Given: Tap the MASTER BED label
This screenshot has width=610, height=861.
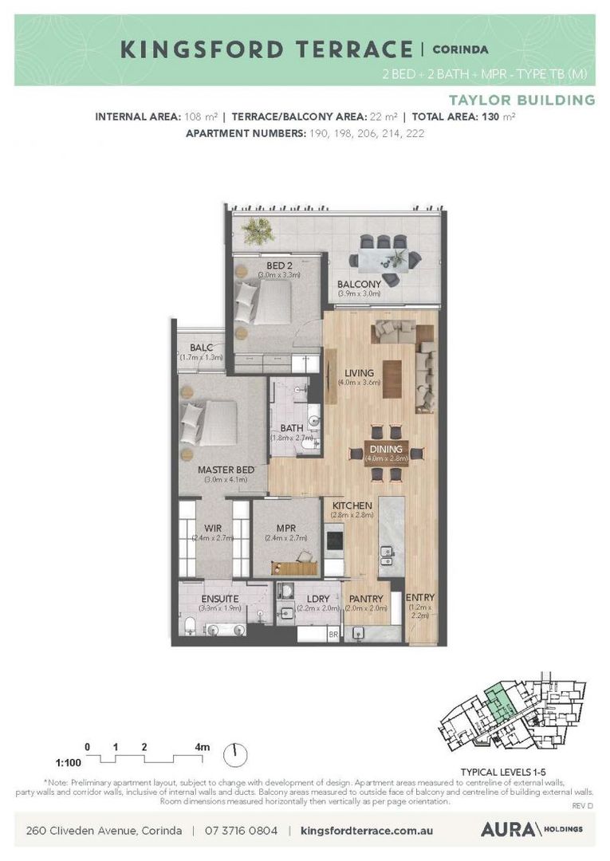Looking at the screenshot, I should pyautogui.click(x=226, y=470).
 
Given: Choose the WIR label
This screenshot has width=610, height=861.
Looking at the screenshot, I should pyautogui.click(x=212, y=527).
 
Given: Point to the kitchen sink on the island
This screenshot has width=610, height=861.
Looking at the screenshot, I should pyautogui.click(x=388, y=552).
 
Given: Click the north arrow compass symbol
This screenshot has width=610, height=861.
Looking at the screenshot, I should pyautogui.click(x=236, y=752).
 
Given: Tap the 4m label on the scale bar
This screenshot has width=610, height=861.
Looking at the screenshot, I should pyautogui.click(x=203, y=747).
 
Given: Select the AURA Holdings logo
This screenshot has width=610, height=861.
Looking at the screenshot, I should pyautogui.click(x=531, y=829).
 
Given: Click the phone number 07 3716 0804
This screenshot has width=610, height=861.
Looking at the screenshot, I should pyautogui.click(x=241, y=830).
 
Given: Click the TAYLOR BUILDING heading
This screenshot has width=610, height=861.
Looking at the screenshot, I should pyautogui.click(x=521, y=100).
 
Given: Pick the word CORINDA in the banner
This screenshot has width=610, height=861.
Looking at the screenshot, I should pyautogui.click(x=460, y=49).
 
